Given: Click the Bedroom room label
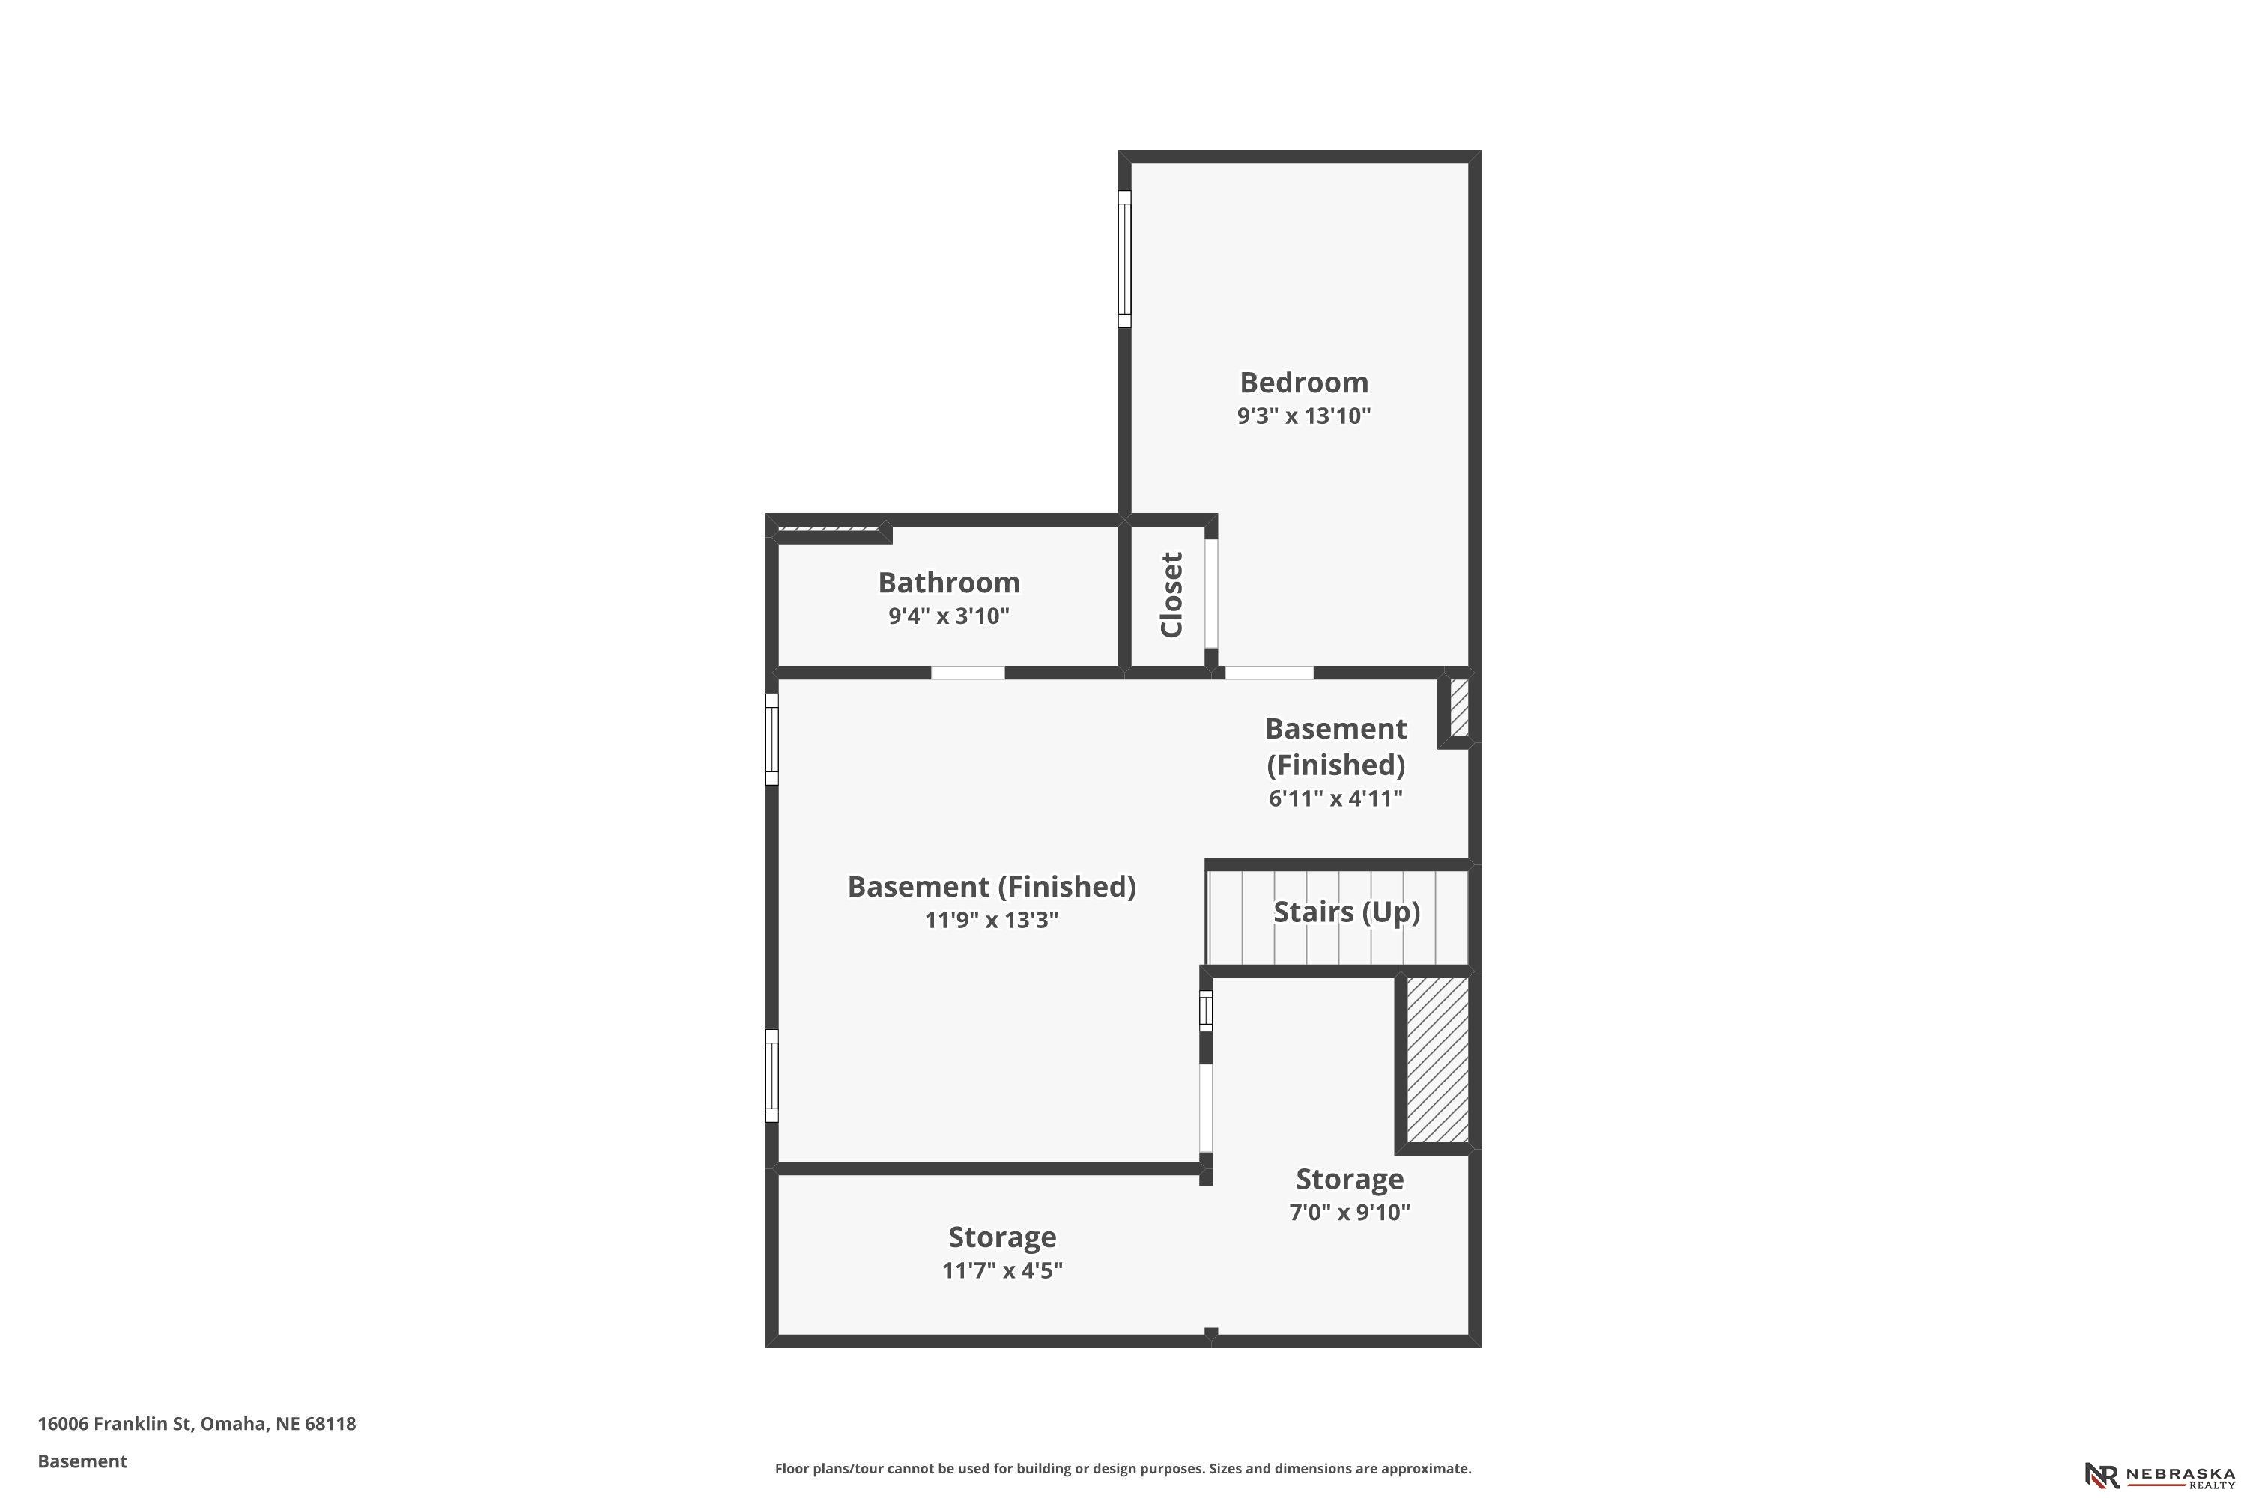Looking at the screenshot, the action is [x=1304, y=382].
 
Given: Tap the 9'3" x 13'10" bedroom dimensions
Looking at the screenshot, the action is [x=1304, y=416].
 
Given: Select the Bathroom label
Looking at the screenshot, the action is [x=949, y=582].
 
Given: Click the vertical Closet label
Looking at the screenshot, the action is [x=1171, y=594].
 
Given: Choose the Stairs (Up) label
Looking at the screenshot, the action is [x=1346, y=912].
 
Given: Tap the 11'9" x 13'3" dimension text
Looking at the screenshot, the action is [x=992, y=919].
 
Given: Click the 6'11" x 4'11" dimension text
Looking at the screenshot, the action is [x=1335, y=798].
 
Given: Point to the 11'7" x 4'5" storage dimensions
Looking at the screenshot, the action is [x=1002, y=1270].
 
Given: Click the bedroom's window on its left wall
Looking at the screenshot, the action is [x=1124, y=259].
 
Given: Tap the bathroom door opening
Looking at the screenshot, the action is [x=968, y=673].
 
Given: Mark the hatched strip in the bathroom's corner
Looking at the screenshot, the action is [x=829, y=530].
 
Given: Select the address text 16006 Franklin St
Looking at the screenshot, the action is [x=115, y=1424].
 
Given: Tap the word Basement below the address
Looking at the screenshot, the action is [x=82, y=1461].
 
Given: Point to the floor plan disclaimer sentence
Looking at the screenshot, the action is [x=1123, y=1468].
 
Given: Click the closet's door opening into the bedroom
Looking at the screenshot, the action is [x=1210, y=593].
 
